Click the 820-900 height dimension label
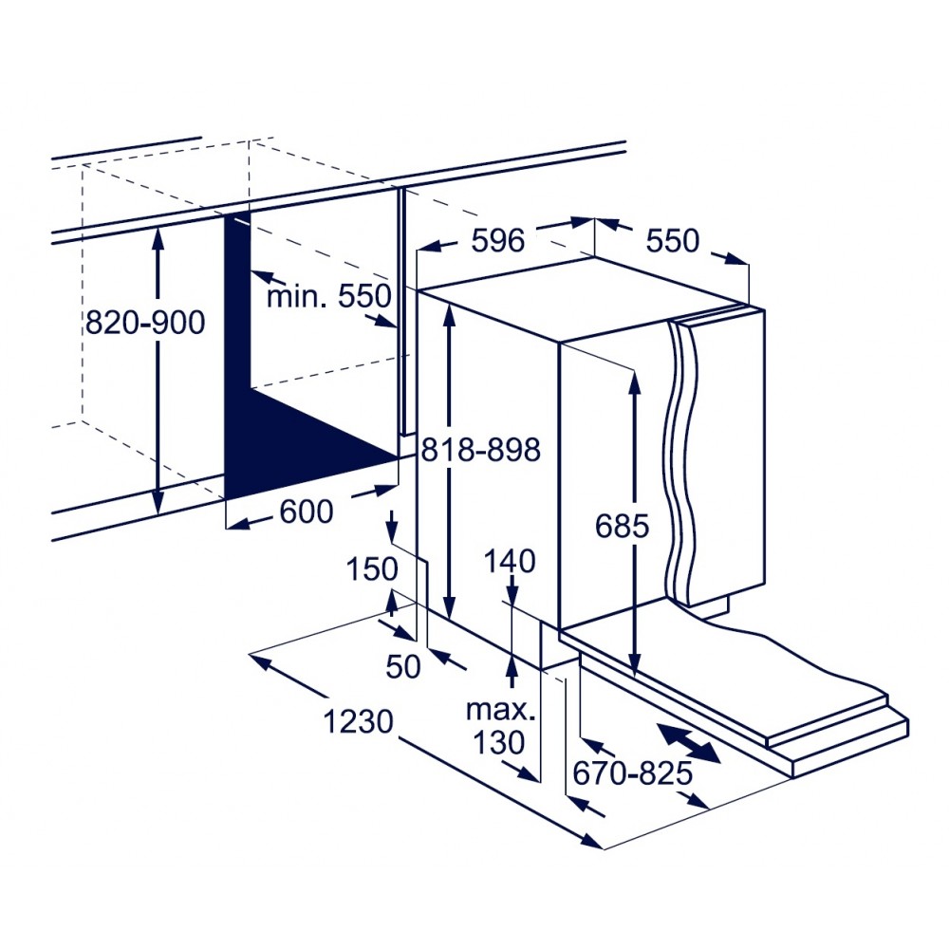pos(145,322)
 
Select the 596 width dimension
pos(497,240)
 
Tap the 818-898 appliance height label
pos(480,450)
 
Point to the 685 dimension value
pos(622,526)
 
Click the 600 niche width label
pos(307,512)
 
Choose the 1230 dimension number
pos(359,721)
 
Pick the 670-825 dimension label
pos(632,772)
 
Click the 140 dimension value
pos(510,561)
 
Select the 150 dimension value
pos(372,568)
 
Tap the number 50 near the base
pos(403,666)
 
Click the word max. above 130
pos(501,710)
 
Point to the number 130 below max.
pos(498,742)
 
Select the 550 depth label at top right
pos(673,240)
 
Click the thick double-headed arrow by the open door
pos(689,743)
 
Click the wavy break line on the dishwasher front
pos(681,463)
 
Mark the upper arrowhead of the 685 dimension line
pos(634,381)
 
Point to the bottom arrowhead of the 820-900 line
pos(158,501)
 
